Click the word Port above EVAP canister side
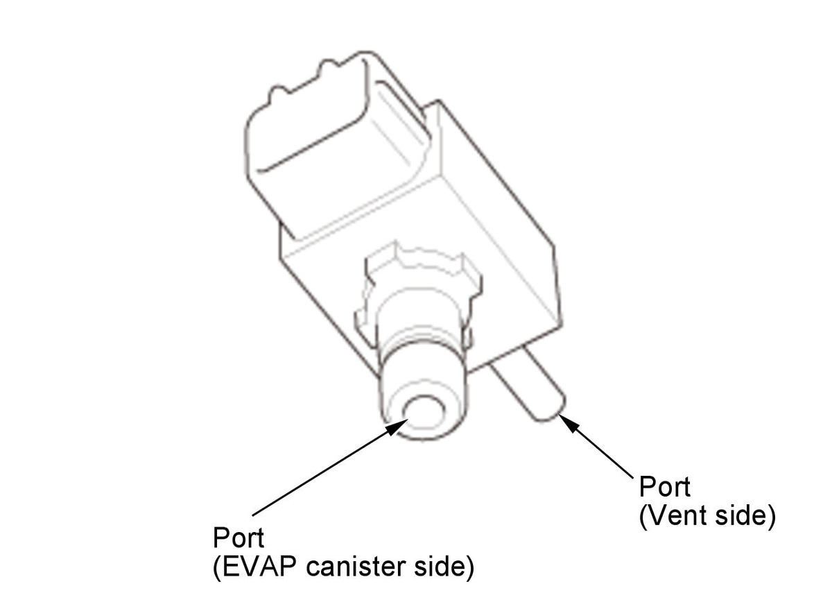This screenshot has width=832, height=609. pos(239,538)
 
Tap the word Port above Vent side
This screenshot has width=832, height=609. pos(665,487)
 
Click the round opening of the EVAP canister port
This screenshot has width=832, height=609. pos(424,413)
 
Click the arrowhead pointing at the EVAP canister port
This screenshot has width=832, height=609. pos(397,427)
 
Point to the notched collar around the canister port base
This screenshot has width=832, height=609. pos(418,293)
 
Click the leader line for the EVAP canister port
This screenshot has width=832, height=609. pos(331,467)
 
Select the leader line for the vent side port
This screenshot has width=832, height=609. pos(596,447)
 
